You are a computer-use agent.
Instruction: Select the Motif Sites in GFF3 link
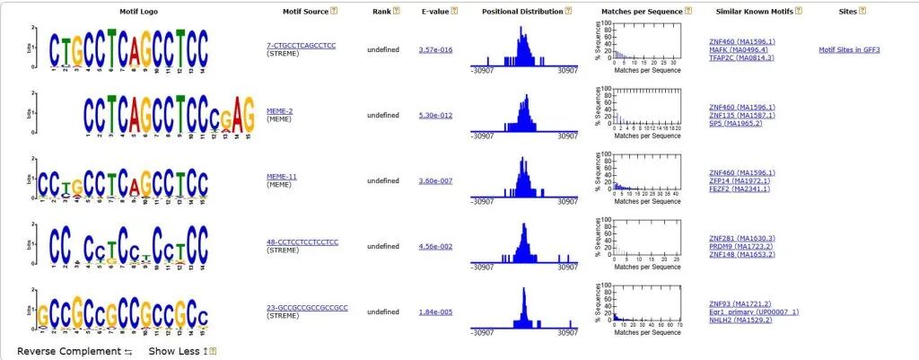pos(849,49)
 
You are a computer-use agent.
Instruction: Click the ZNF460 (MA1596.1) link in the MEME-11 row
pos(741,172)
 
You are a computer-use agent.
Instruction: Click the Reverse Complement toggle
pos(74,351)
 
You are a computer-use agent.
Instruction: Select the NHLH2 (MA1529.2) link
pos(741,320)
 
